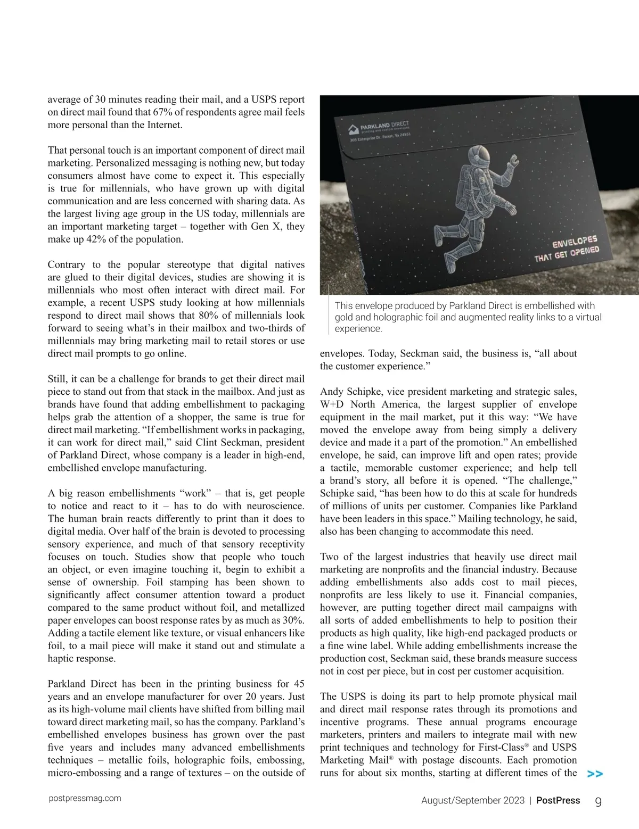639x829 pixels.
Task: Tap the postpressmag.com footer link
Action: [x=84, y=798]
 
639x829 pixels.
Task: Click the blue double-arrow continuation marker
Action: [x=595, y=774]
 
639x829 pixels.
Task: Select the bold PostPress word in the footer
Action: [x=558, y=800]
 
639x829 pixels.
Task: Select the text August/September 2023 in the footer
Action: [x=472, y=801]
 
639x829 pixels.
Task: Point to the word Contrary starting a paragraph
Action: [x=65, y=265]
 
